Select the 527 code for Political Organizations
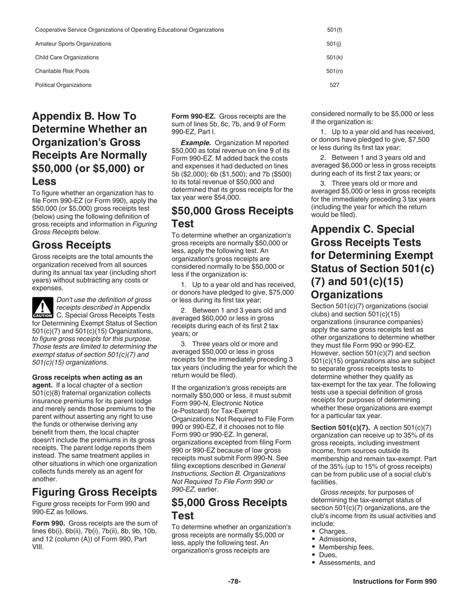coord(334,85)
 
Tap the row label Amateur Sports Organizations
coord(73,44)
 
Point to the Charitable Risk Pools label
coord(62,71)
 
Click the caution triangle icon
coord(42,307)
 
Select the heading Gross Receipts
coord(72,245)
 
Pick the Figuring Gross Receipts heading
coord(94,492)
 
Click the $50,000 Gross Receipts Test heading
coord(232,217)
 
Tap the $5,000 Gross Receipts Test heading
coord(229,509)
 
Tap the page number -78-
coord(234,582)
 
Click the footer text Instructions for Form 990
coord(394,582)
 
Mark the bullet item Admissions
coord(337,539)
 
